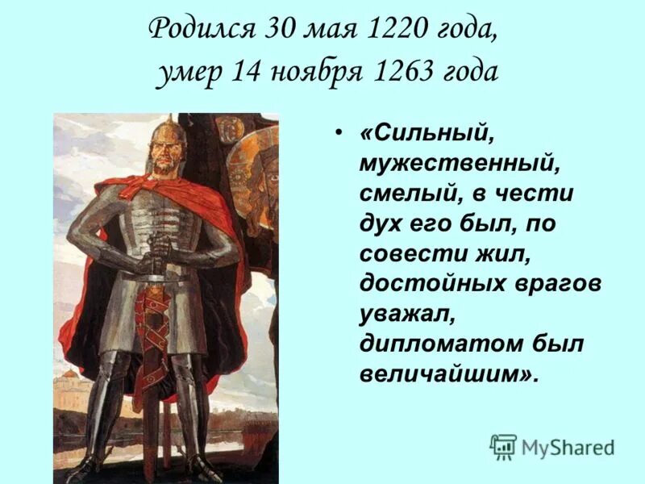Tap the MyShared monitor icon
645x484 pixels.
(503, 447)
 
